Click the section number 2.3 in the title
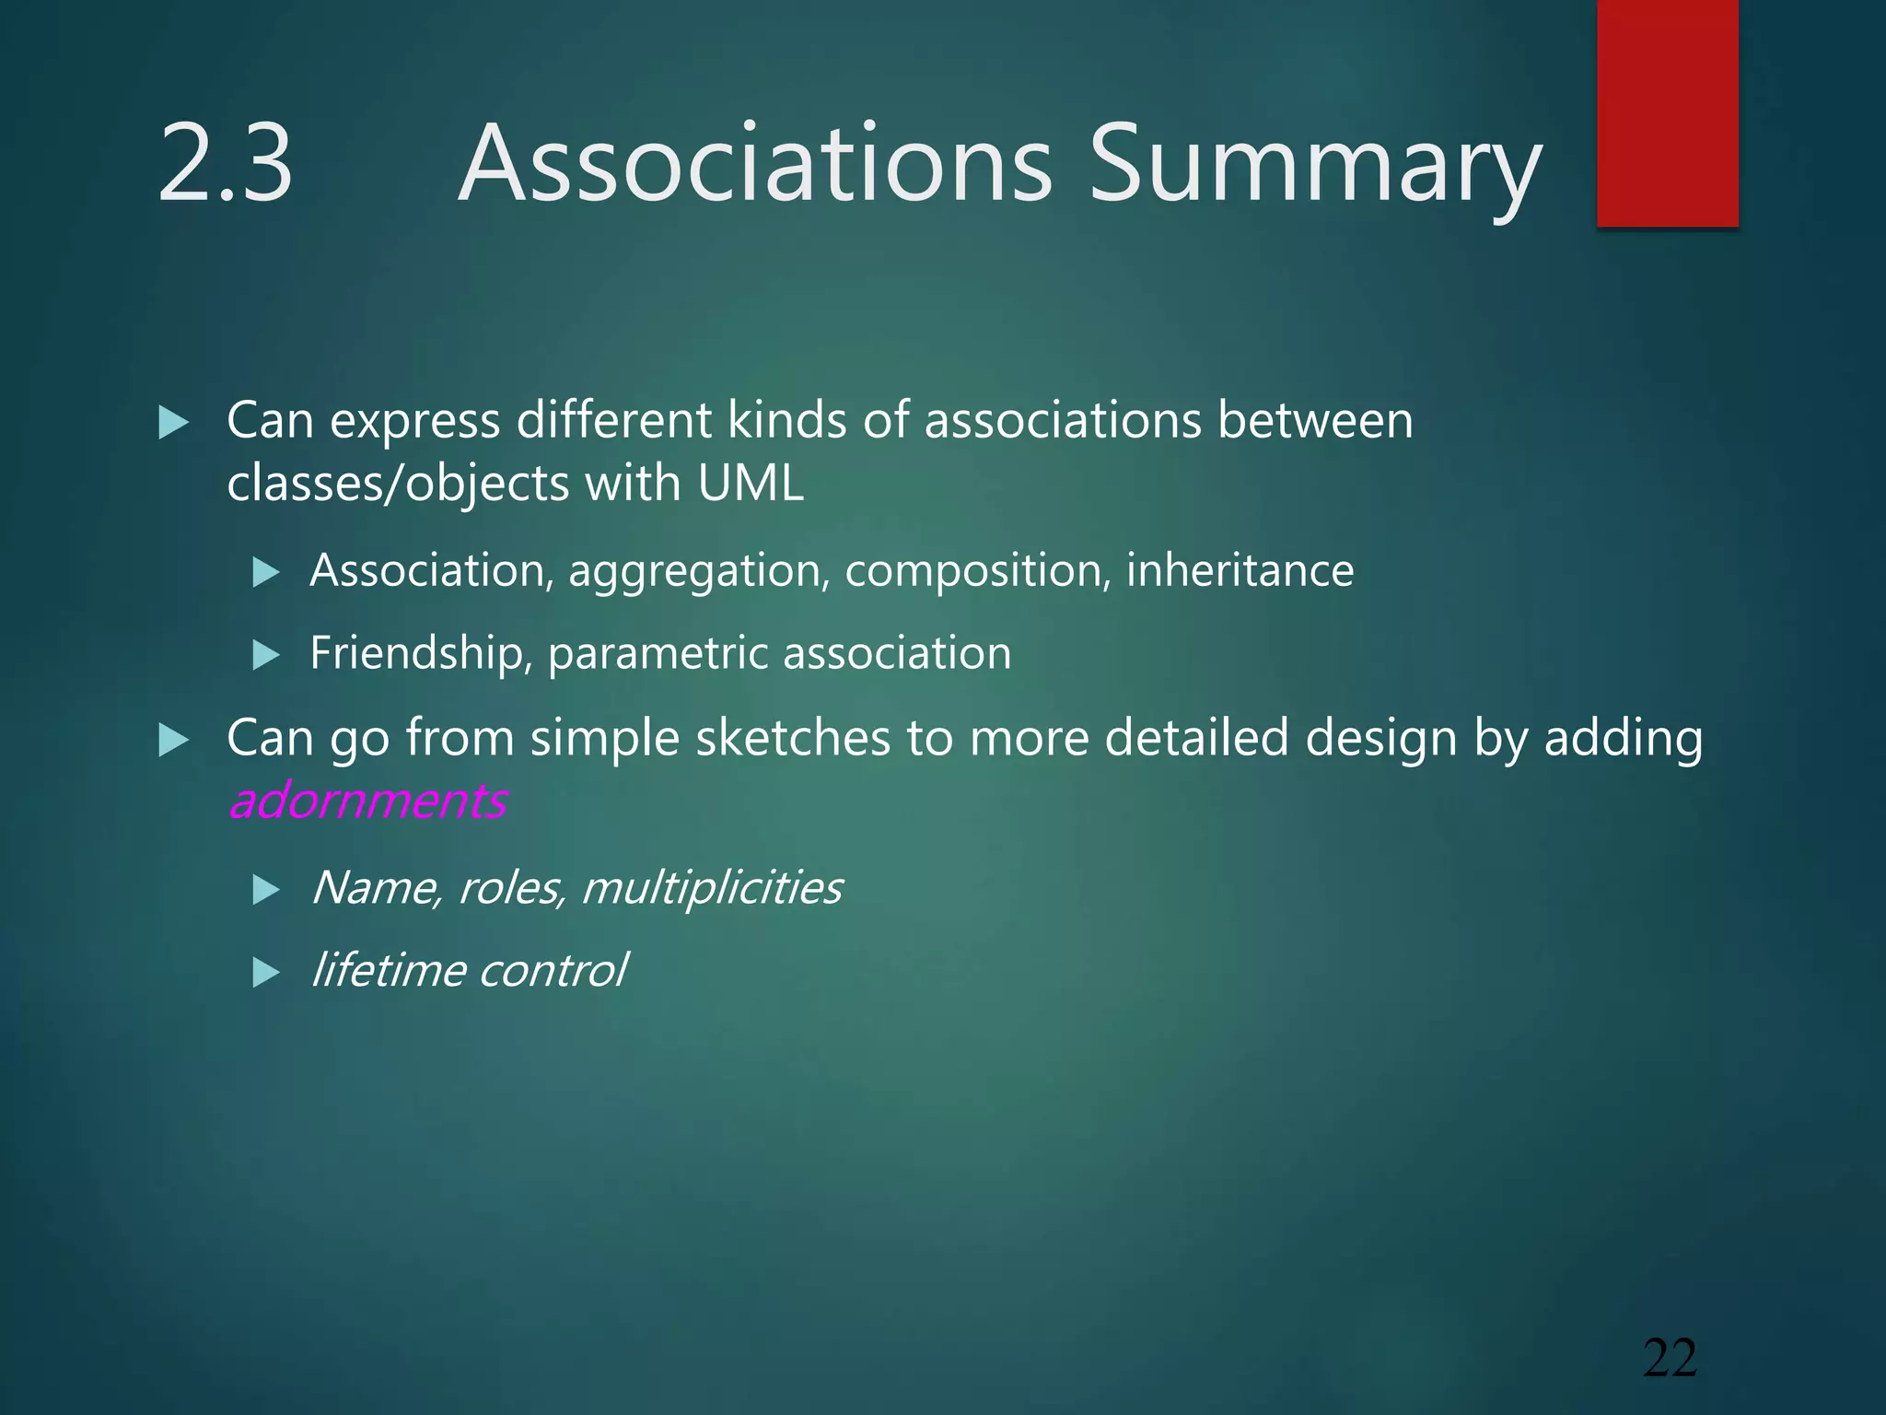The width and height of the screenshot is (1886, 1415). (225, 164)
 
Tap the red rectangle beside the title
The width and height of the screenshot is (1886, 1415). (1667, 112)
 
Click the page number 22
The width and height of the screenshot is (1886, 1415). (1670, 1358)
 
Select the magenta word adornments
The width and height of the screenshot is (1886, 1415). (367, 800)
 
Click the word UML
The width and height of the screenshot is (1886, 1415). (751, 482)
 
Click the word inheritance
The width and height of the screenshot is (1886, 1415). (1240, 570)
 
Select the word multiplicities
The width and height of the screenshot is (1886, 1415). (711, 888)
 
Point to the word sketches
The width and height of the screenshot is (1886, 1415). (793, 738)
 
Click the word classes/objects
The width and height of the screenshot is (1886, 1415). (399, 484)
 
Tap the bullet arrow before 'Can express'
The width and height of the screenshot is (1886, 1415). (173, 423)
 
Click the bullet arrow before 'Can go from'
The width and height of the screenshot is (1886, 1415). (173, 740)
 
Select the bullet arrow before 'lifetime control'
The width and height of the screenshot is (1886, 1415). (265, 973)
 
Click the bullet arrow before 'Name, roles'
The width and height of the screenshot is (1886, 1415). (265, 890)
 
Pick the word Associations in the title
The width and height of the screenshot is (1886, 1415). (755, 164)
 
